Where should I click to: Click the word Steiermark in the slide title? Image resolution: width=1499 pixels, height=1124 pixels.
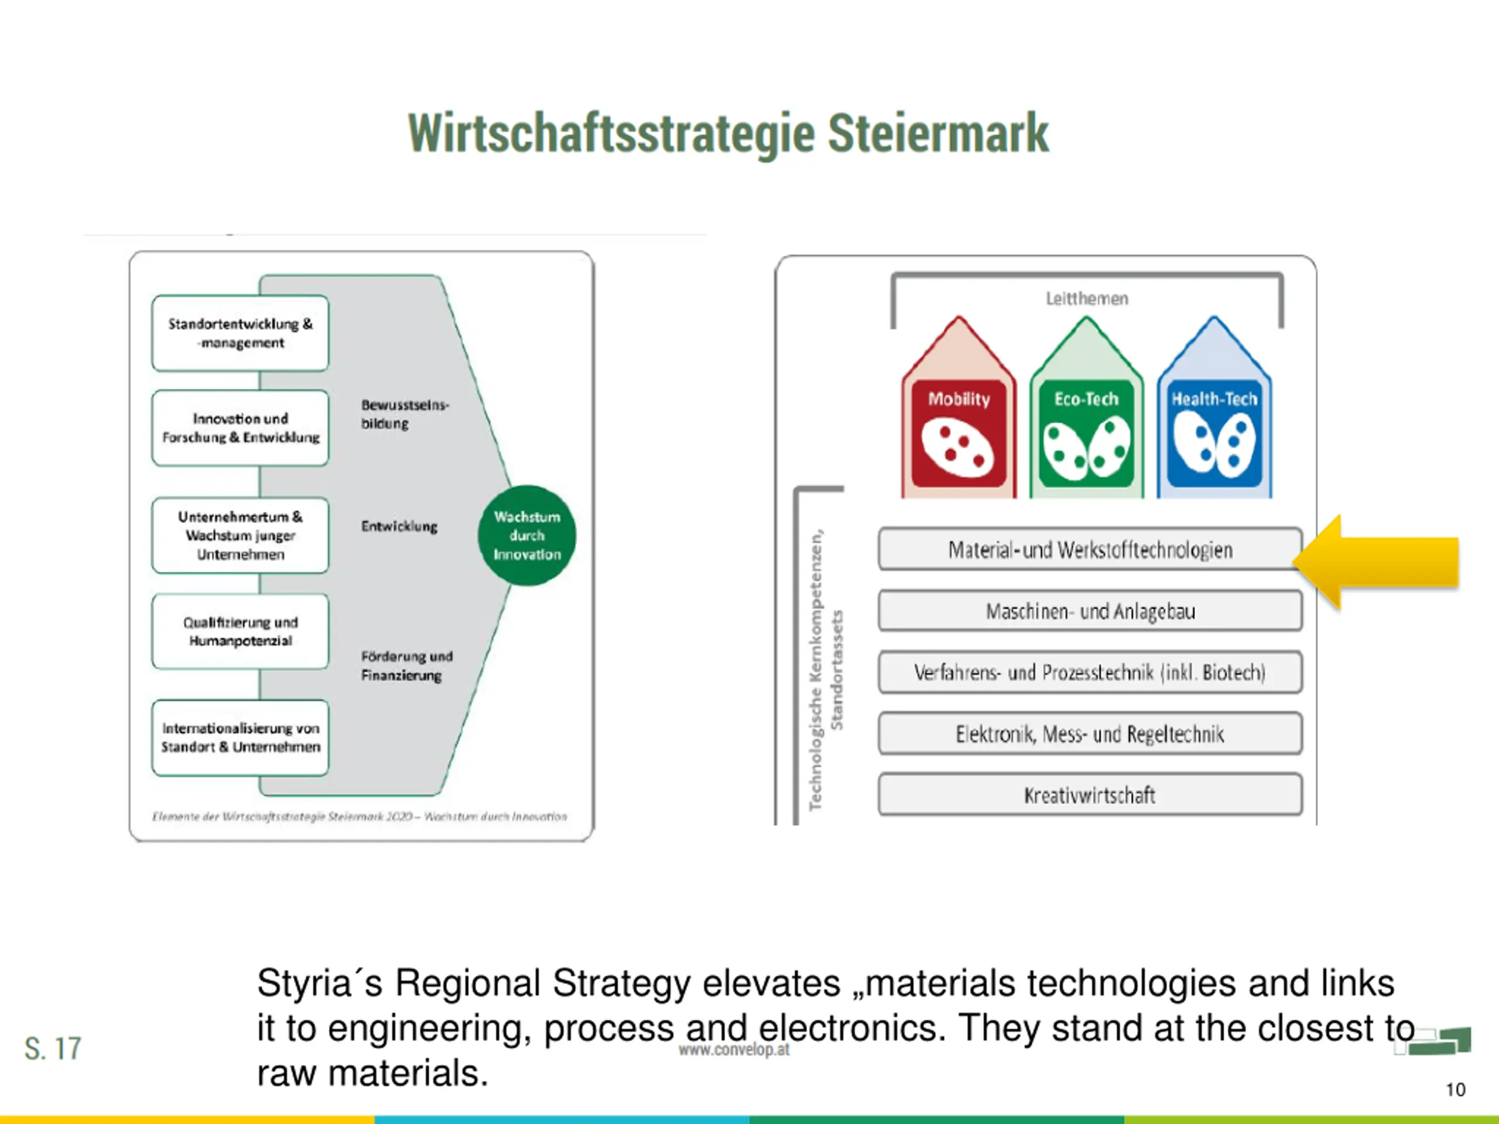coord(938,133)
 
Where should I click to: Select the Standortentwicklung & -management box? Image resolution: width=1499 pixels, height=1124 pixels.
coord(240,333)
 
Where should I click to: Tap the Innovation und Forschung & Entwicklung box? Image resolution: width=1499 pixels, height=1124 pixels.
coord(240,428)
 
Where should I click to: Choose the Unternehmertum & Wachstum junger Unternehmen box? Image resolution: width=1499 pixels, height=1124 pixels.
coord(240,535)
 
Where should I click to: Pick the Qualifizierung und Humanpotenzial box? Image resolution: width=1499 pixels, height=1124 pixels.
coord(240,632)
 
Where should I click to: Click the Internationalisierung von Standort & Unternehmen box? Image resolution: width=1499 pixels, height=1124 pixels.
coord(240,738)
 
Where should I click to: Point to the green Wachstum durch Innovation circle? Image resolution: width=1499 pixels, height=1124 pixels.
coord(526,535)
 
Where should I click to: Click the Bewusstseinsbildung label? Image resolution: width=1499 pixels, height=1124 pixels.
coord(404,414)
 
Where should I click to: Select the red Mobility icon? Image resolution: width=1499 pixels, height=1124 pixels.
coord(958,434)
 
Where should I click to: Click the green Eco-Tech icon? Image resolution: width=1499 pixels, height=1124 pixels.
coord(1086,434)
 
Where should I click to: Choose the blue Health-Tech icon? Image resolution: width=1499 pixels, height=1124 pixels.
coord(1214,434)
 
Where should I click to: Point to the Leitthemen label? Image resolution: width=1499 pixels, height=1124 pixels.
coord(1086,299)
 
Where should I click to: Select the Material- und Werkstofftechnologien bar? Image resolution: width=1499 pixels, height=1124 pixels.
coord(1090,550)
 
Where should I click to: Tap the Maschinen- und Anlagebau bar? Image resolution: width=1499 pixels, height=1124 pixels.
coord(1090,611)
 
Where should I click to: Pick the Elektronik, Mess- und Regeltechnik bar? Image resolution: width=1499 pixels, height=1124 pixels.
coord(1090,734)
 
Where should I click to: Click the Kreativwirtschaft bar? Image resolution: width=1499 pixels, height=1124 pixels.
coord(1090,795)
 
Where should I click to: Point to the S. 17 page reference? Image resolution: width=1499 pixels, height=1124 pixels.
coord(53,1049)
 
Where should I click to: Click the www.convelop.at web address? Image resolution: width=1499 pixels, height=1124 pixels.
coord(734,1050)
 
